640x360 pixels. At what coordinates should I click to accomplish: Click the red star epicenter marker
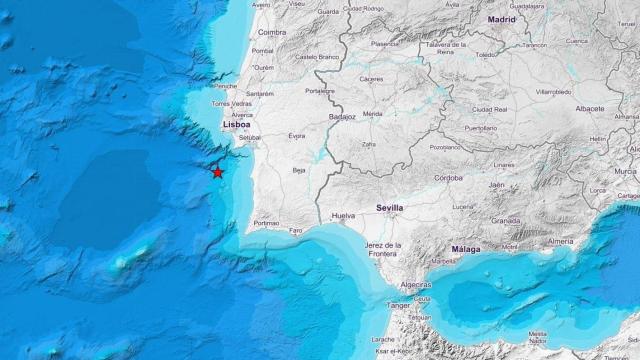click(x=217, y=172)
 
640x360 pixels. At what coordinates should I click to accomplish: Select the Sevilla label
click(x=389, y=208)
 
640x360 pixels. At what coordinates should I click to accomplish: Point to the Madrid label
click(x=502, y=19)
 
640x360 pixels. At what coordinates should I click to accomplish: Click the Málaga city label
click(x=465, y=249)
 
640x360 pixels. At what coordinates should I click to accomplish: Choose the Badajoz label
click(x=343, y=117)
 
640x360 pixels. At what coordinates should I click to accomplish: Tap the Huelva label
click(x=343, y=215)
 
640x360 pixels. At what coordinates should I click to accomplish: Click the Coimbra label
click(x=271, y=31)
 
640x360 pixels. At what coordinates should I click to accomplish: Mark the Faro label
click(x=295, y=230)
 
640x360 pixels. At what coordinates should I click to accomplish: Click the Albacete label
click(x=590, y=108)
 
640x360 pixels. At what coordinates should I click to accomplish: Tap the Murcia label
click(x=625, y=171)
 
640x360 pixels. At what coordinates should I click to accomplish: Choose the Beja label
click(x=298, y=171)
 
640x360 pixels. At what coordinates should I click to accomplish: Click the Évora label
click(x=296, y=135)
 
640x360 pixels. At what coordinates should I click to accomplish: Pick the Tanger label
click(x=398, y=305)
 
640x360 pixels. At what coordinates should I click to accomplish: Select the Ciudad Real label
click(x=490, y=109)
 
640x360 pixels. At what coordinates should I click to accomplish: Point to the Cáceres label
click(x=371, y=78)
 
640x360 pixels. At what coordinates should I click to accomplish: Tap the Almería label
click(x=560, y=241)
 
